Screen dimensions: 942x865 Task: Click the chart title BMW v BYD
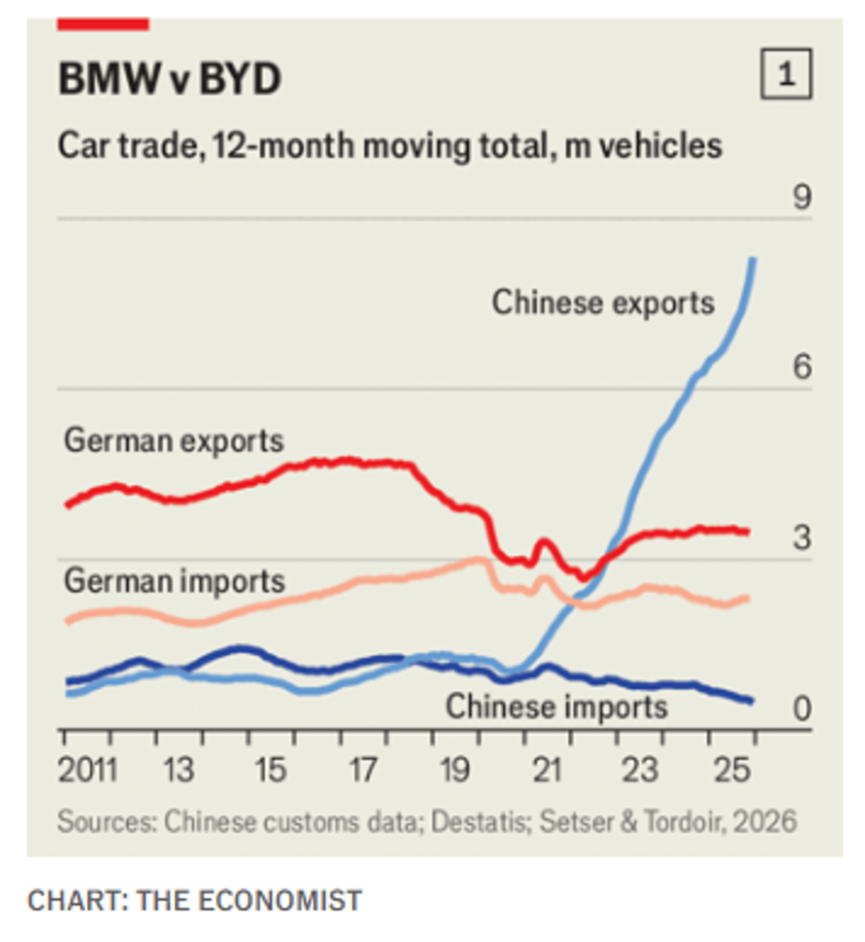pyautogui.click(x=169, y=79)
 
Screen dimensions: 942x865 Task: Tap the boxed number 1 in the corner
pyautogui.click(x=786, y=74)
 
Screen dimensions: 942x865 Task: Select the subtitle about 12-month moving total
pyautogui.click(x=389, y=146)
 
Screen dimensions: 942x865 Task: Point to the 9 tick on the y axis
pyautogui.click(x=802, y=197)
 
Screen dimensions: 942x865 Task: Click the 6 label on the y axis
pyautogui.click(x=802, y=367)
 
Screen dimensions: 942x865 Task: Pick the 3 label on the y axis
pyautogui.click(x=802, y=538)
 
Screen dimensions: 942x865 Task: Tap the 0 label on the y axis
pyautogui.click(x=802, y=708)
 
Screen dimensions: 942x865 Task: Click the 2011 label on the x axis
pyautogui.click(x=87, y=770)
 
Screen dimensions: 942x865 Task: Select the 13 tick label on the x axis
pyautogui.click(x=178, y=770)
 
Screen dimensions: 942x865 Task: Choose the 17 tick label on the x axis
pyautogui.click(x=363, y=770)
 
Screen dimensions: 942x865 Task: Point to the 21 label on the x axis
pyautogui.click(x=547, y=770)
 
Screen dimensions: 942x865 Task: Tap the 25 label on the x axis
pyautogui.click(x=732, y=770)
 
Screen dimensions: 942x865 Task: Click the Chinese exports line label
pyautogui.click(x=603, y=303)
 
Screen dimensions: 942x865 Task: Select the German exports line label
pyautogui.click(x=174, y=440)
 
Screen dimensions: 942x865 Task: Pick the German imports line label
pyautogui.click(x=174, y=581)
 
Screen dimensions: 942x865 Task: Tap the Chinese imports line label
pyautogui.click(x=556, y=706)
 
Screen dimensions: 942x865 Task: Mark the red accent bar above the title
pyautogui.click(x=103, y=25)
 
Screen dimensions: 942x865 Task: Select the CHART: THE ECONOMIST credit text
pyautogui.click(x=195, y=901)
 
